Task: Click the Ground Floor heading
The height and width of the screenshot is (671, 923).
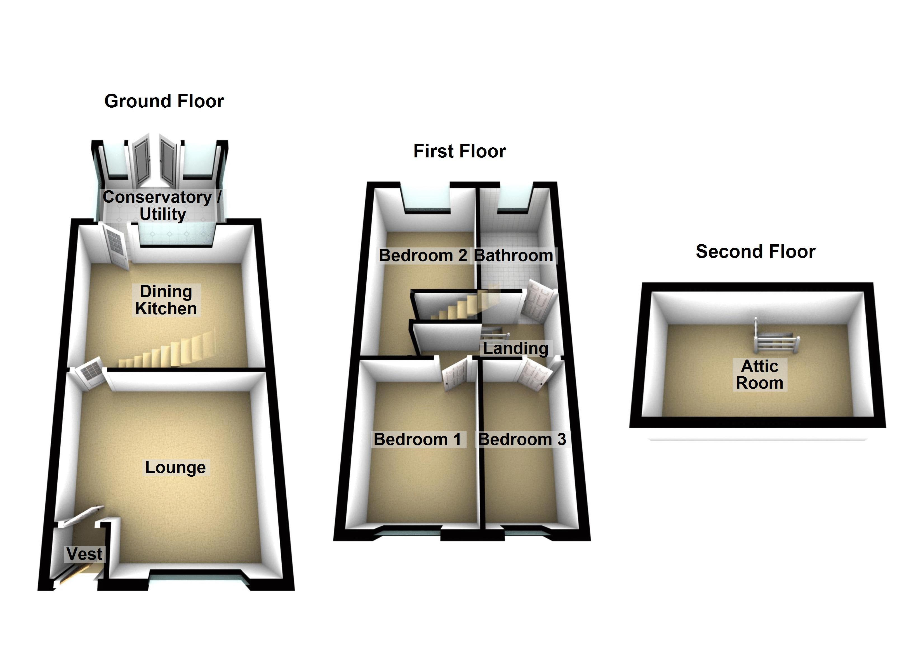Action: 164,101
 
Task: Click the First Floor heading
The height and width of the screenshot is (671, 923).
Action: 460,151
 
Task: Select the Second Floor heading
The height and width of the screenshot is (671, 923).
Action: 755,251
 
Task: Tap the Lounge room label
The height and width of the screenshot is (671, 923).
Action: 175,467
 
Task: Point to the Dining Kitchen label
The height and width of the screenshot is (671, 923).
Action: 166,300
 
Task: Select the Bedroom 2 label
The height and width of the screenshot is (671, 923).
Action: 423,256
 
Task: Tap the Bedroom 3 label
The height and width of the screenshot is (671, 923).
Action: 522,440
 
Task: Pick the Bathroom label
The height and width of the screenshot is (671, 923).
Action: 514,256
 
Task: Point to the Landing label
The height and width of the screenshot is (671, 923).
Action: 516,348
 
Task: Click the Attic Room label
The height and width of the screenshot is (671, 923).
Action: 759,374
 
